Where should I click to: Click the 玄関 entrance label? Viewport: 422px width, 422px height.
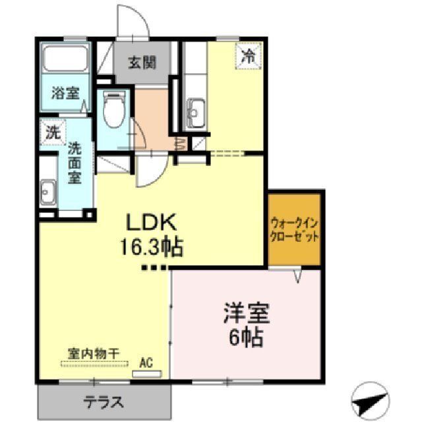(x=142, y=63)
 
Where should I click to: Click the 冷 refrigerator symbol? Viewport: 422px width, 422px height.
(x=248, y=56)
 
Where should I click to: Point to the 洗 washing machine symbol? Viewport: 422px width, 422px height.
(x=51, y=132)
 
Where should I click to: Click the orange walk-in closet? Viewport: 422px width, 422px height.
(x=294, y=229)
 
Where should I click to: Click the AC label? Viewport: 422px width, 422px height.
(x=146, y=362)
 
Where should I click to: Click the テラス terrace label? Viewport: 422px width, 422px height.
(x=104, y=401)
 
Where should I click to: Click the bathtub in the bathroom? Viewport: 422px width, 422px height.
(x=66, y=61)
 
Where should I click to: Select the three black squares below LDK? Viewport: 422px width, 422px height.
(x=156, y=268)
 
